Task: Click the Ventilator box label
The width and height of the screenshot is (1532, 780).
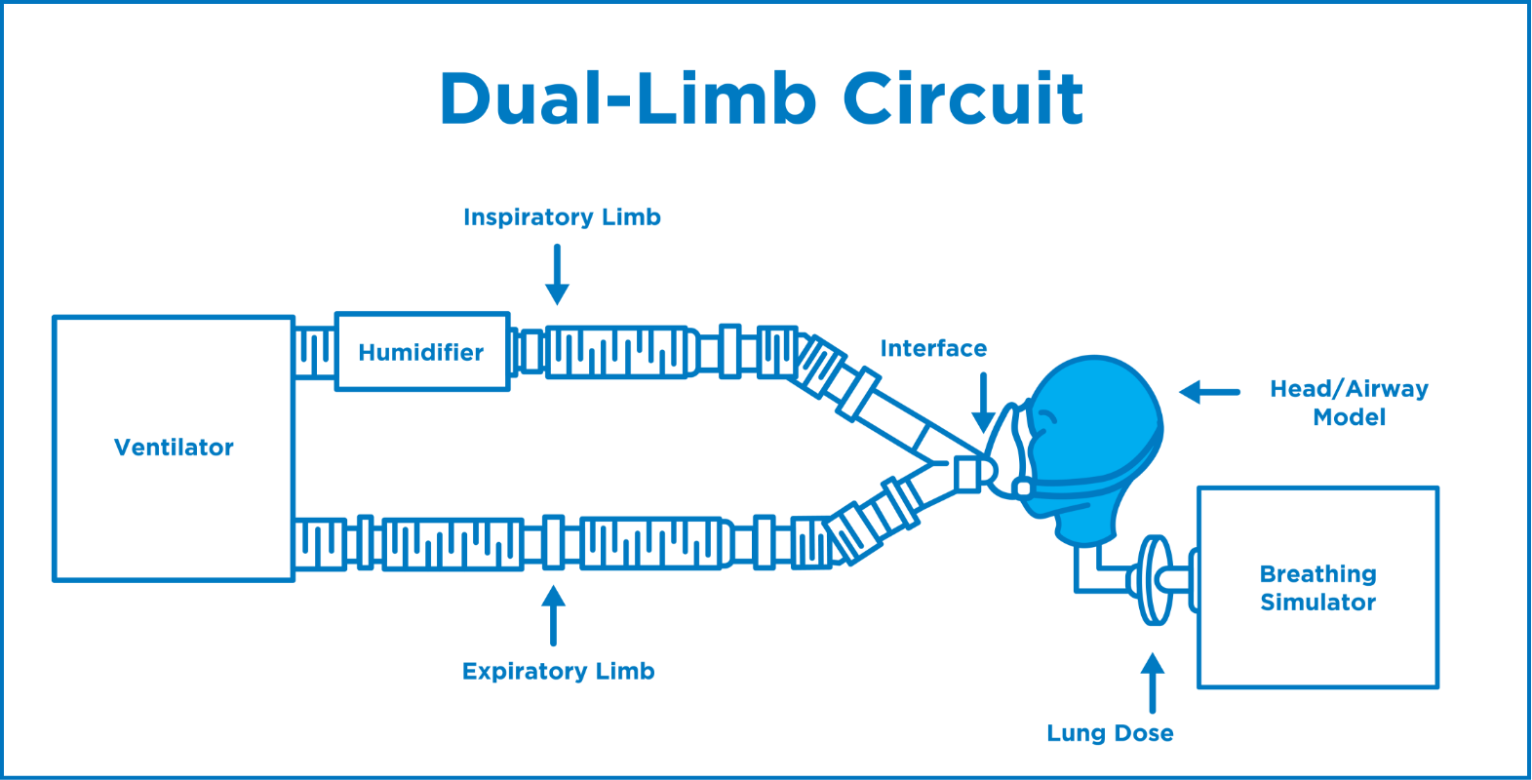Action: (x=174, y=448)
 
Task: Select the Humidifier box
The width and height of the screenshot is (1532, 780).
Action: (x=421, y=352)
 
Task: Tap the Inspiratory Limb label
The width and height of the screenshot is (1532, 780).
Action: (x=562, y=217)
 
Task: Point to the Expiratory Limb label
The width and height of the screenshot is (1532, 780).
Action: (x=558, y=672)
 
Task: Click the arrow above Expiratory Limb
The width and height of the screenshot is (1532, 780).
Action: (x=554, y=614)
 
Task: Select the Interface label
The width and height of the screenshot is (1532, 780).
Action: (x=933, y=349)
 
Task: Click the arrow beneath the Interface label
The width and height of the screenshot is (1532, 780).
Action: (x=983, y=402)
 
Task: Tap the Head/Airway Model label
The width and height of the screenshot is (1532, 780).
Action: (x=1349, y=403)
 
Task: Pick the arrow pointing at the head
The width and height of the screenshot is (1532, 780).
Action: (x=1208, y=392)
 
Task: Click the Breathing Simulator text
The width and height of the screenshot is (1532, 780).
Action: (x=1317, y=588)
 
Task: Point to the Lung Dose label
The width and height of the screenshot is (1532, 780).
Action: (x=1110, y=733)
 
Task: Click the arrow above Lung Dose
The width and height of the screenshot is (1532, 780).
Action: (x=1153, y=682)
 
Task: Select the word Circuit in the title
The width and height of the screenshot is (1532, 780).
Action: (x=962, y=98)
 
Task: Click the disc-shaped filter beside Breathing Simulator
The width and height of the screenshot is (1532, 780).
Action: (x=1155, y=580)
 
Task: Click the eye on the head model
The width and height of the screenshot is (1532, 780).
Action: (x=1044, y=420)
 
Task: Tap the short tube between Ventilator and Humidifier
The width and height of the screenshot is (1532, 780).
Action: (x=315, y=352)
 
